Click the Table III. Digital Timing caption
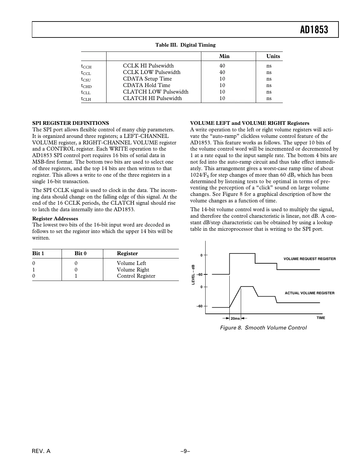click(x=185, y=45)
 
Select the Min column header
click(x=224, y=56)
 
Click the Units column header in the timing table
click(x=273, y=56)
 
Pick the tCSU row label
click(x=86, y=79)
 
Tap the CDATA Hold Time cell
click(x=146, y=85)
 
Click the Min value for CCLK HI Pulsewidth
click(x=222, y=66)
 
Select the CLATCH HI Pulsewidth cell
click(x=152, y=98)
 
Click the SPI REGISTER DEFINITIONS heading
click(x=71, y=123)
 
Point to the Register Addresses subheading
click(x=55, y=219)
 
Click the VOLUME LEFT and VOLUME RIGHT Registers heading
click(x=250, y=123)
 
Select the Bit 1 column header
click(x=38, y=254)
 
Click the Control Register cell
click(x=136, y=276)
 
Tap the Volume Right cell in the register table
click(x=133, y=270)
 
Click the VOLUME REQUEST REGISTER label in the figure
click(x=310, y=259)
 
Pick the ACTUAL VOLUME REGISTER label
click(x=310, y=293)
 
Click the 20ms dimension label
click(x=235, y=318)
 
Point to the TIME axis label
click(x=321, y=318)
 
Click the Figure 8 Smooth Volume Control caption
click(x=263, y=328)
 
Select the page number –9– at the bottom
click(x=185, y=451)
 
